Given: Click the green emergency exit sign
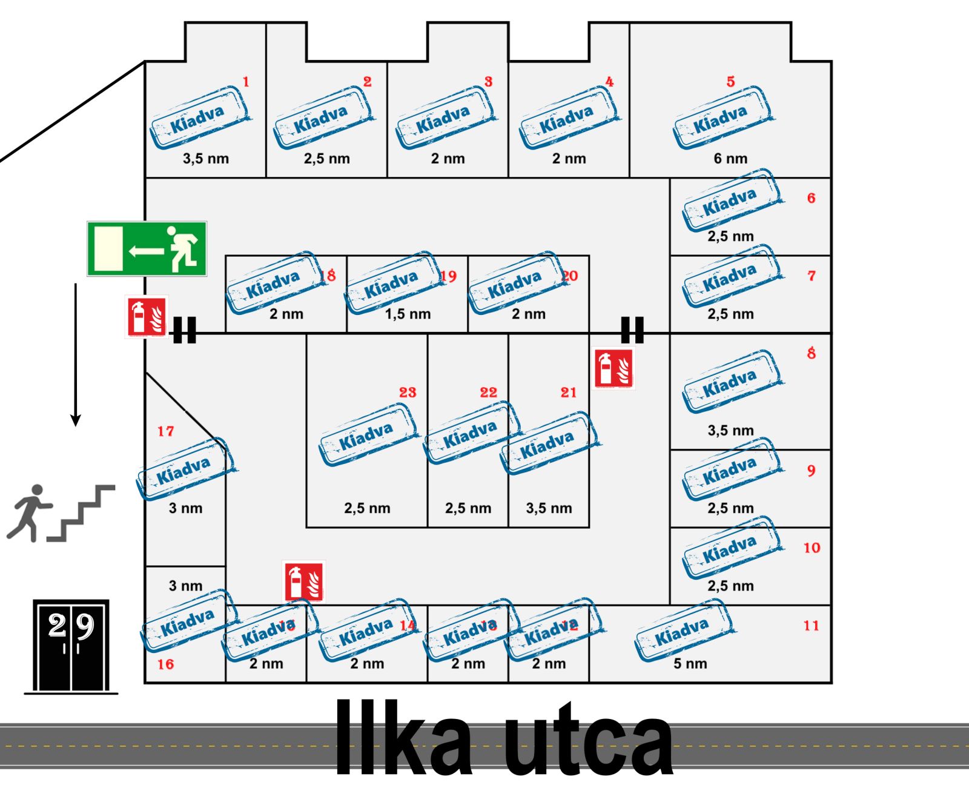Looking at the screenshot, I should (147, 248).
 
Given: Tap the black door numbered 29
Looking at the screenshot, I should (71, 645).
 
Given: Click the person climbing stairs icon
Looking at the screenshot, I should (61, 512).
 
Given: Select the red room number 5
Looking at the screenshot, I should (730, 82).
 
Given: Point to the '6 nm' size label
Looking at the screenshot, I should (730, 159).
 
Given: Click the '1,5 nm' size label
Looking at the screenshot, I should (408, 314).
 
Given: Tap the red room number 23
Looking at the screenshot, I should (408, 392).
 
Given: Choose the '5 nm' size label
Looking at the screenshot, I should (690, 664).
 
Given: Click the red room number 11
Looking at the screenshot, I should (812, 626).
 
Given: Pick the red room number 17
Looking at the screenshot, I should (165, 431).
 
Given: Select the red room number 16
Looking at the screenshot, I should (165, 664).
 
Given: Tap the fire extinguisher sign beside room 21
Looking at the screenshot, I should (613, 368).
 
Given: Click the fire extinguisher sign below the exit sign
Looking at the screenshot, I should (146, 316).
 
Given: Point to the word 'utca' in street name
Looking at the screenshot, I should (587, 740).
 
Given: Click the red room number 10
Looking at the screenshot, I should (812, 548).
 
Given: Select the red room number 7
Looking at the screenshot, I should (812, 276).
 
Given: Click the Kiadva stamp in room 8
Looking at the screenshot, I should (731, 382).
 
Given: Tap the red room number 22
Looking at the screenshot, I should (488, 392).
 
